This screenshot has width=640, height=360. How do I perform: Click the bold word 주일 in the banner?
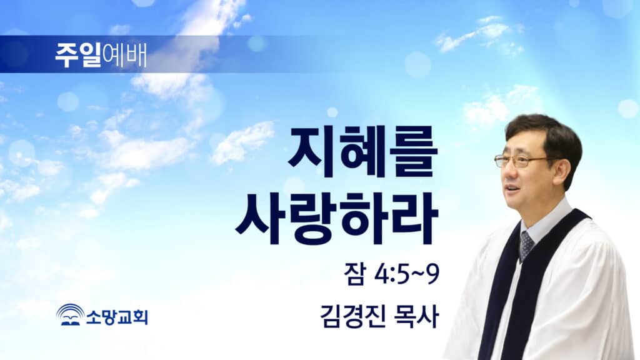pyautogui.click(x=78, y=55)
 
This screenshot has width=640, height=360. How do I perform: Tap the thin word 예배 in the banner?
pyautogui.click(x=124, y=55)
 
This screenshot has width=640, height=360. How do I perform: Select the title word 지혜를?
pyautogui.click(x=362, y=152)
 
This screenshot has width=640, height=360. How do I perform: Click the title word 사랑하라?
pyautogui.click(x=337, y=220)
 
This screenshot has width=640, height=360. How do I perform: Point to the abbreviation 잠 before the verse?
pyautogui.click(x=354, y=274)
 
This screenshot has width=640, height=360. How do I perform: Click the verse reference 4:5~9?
pyautogui.click(x=406, y=274)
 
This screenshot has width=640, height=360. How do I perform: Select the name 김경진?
pyautogui.click(x=352, y=317)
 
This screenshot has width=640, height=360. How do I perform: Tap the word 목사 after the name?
pyautogui.click(x=416, y=317)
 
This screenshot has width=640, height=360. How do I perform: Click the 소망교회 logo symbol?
pyautogui.click(x=70, y=315)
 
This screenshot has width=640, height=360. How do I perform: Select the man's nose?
pyautogui.click(x=504, y=171)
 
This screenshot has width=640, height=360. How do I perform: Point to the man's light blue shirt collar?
pyautogui.click(x=547, y=221)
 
